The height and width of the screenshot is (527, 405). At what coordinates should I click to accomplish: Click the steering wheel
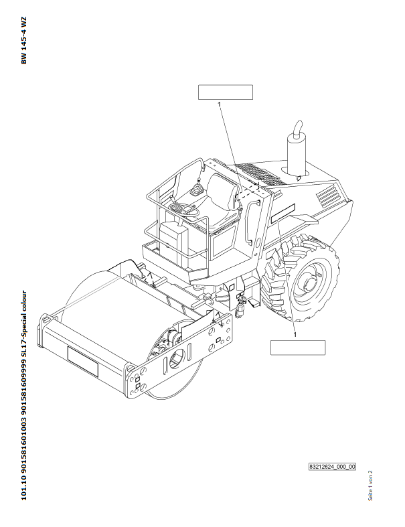point(185,209)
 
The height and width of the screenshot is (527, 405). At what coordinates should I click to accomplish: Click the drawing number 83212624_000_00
point(332,466)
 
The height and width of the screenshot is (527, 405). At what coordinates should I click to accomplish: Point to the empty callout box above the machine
point(226,92)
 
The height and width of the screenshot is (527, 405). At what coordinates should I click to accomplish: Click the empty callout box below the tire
point(297,347)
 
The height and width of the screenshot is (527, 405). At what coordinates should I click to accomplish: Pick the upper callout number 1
point(219,104)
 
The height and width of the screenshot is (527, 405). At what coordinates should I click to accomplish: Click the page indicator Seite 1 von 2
point(370,483)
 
